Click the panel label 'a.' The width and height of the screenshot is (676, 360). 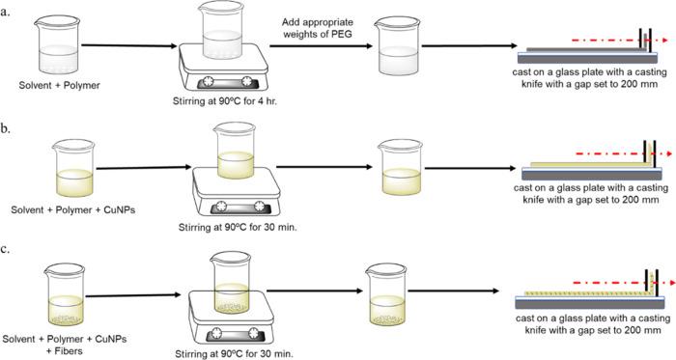[x=5, y=12]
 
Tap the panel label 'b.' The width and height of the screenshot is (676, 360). [x=6, y=128]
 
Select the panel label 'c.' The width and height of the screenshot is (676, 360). [x=5, y=249]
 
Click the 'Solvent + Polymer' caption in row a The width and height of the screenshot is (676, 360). [x=60, y=85]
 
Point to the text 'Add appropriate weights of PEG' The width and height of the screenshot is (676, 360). [x=318, y=28]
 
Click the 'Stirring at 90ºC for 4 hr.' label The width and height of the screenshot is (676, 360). [x=225, y=102]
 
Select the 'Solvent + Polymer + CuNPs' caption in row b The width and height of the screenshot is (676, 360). [x=72, y=210]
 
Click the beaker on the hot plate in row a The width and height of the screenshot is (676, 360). [x=222, y=35]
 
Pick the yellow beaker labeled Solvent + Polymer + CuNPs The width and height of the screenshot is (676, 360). [x=74, y=168]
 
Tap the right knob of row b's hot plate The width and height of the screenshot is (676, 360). [x=259, y=207]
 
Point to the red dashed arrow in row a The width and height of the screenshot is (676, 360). [x=620, y=40]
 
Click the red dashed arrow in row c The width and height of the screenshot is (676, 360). [x=624, y=283]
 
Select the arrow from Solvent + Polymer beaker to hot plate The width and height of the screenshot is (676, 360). [x=129, y=45]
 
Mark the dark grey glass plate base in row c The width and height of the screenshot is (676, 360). [x=590, y=304]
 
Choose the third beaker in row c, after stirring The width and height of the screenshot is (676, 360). [x=386, y=294]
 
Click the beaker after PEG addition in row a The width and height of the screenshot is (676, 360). [x=397, y=46]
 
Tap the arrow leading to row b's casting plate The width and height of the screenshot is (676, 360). [x=470, y=168]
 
